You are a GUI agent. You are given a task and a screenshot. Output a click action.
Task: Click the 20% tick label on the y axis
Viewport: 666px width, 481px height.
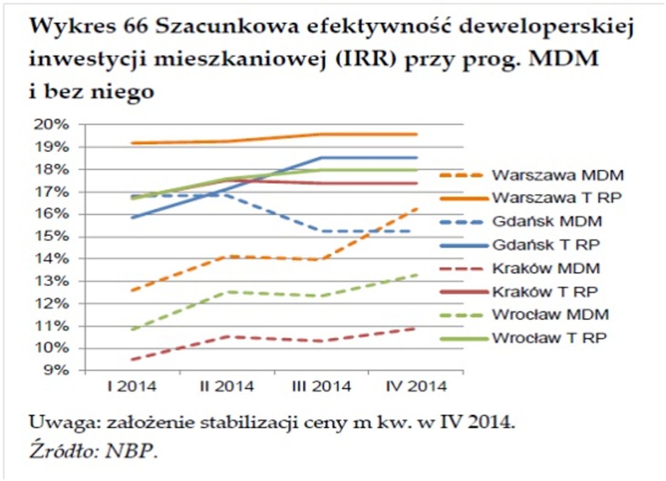(x=55, y=125)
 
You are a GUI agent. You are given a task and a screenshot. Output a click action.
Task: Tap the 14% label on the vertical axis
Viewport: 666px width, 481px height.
(x=55, y=259)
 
